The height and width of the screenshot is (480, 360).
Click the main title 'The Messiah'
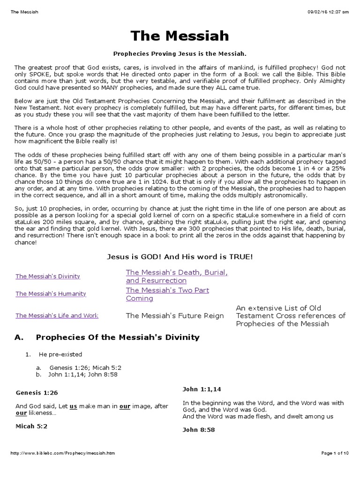[x=180, y=36]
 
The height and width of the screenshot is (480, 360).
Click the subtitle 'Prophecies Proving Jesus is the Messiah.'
[x=180, y=54]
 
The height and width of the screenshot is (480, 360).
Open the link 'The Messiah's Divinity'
[x=48, y=276]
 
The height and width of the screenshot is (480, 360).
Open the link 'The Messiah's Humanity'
[x=51, y=293]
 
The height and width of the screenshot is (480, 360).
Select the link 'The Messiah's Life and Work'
[x=57, y=315]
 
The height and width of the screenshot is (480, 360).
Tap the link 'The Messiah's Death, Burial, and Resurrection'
[x=177, y=276]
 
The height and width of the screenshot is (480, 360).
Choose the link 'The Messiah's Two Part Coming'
[x=167, y=294]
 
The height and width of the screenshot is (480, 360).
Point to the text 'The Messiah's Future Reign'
[x=175, y=315]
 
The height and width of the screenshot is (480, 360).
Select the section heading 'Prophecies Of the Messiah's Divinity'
[x=118, y=337]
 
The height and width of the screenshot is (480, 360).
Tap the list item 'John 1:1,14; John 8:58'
[x=82, y=375]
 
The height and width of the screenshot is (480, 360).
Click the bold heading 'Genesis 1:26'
[x=37, y=392]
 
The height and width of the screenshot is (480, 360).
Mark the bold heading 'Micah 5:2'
[x=31, y=426]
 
